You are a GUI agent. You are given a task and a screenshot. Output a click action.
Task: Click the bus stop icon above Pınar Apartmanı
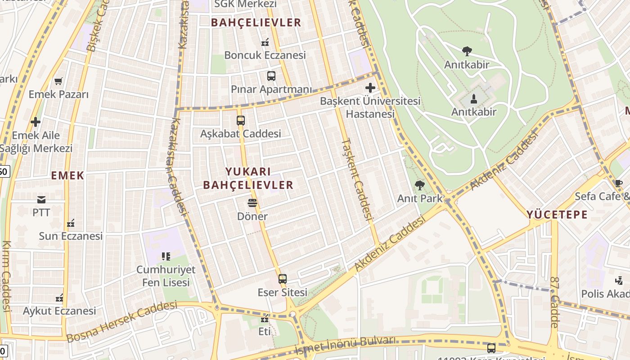(x=271, y=76)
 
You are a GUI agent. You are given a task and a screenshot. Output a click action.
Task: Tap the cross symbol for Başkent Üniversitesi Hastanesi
(x=370, y=87)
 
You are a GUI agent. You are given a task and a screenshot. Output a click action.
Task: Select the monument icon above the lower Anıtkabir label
(x=473, y=99)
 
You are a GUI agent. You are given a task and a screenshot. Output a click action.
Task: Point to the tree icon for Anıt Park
(x=419, y=185)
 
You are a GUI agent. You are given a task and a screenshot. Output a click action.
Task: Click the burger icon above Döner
(x=252, y=203)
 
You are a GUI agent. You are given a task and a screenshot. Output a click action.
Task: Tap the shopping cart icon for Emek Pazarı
(x=58, y=81)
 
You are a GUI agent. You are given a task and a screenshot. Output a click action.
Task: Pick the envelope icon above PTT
(x=41, y=199)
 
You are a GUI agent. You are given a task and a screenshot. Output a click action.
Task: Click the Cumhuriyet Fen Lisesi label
(x=166, y=276)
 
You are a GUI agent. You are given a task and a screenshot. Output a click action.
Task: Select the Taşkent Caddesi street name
(x=357, y=179)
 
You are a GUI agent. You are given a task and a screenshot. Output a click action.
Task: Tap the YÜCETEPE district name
(x=557, y=214)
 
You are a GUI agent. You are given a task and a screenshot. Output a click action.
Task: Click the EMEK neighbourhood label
(x=67, y=175)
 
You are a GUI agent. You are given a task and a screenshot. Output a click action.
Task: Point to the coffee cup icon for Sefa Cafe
(x=619, y=183)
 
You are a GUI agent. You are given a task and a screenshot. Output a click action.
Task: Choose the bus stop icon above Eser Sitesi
(x=282, y=279)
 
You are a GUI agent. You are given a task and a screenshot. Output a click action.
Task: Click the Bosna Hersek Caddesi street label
(x=122, y=321)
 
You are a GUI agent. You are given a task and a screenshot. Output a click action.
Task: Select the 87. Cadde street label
(x=554, y=302)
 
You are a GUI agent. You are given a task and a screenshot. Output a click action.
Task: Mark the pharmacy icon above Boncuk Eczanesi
(x=265, y=42)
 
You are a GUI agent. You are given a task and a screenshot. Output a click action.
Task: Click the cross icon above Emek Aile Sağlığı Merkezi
(x=36, y=122)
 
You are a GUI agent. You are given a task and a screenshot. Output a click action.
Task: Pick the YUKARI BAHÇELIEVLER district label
(x=248, y=178)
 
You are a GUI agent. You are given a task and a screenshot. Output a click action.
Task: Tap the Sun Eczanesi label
(x=71, y=236)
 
